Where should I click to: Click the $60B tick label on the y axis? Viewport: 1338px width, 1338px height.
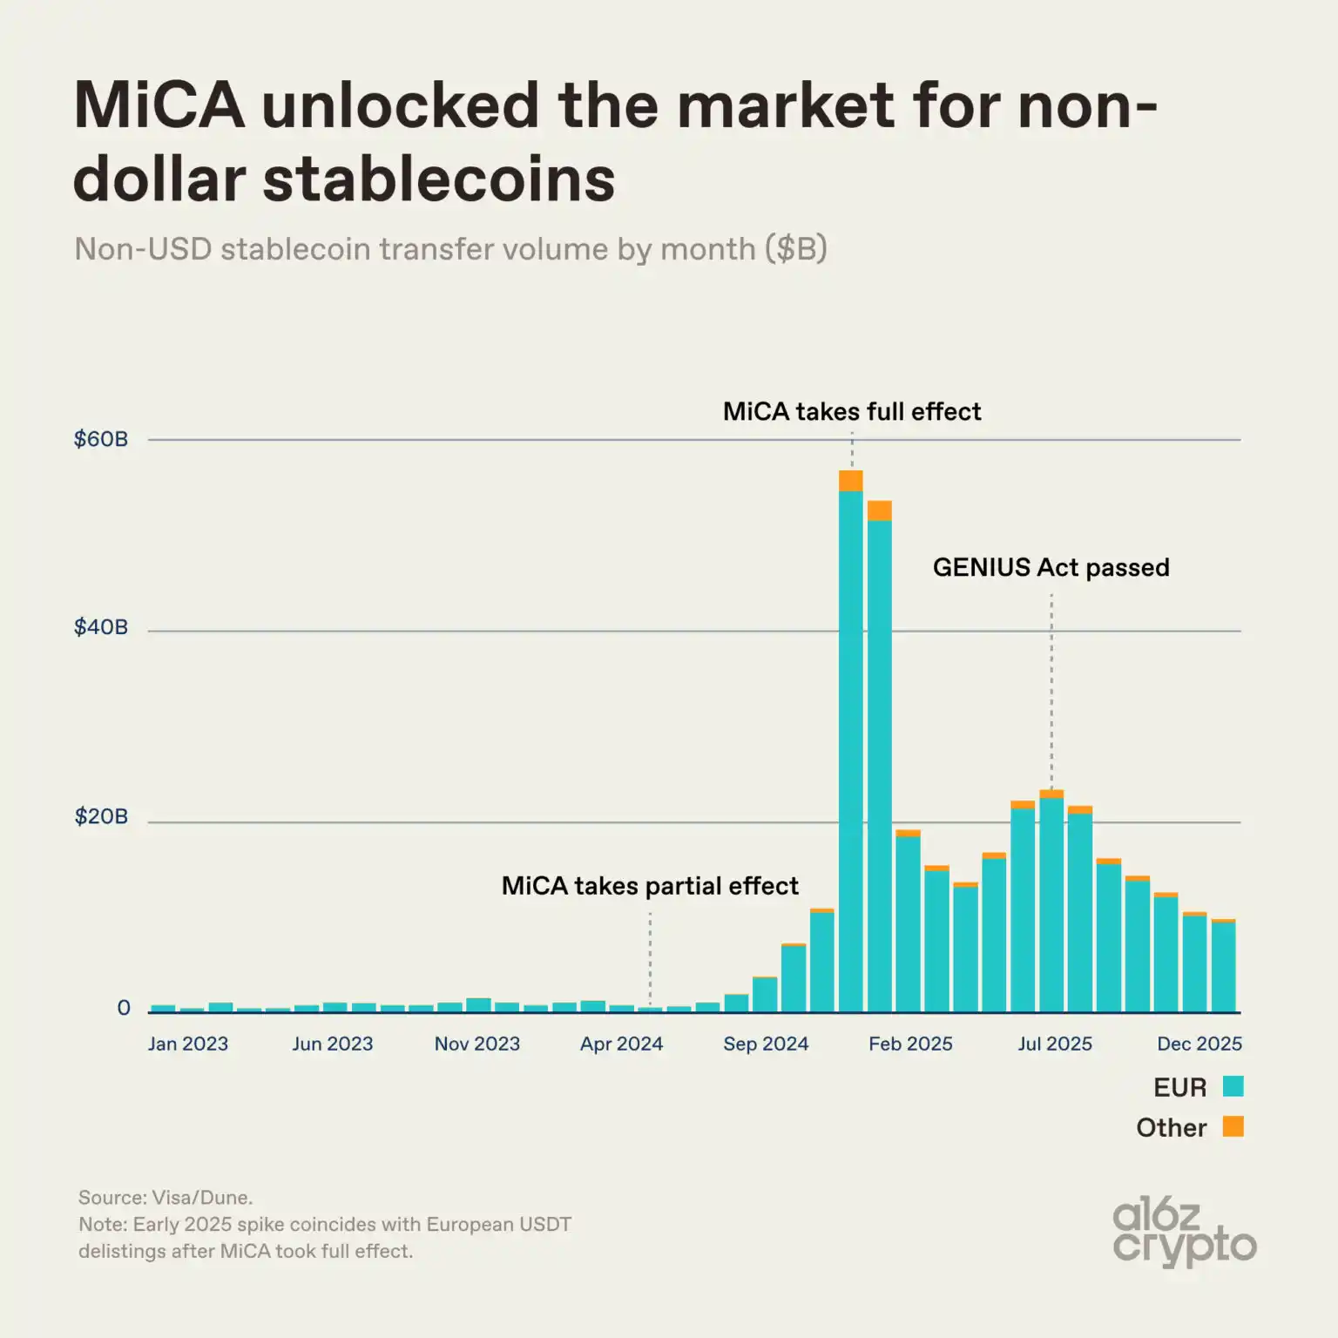(101, 439)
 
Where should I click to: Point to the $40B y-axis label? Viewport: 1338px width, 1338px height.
(101, 627)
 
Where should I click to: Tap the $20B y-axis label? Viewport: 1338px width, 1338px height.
(101, 816)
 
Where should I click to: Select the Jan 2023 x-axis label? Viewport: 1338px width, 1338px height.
(188, 1044)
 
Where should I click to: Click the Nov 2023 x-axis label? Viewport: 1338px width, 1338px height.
(477, 1044)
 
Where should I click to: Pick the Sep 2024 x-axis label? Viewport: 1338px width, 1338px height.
(766, 1044)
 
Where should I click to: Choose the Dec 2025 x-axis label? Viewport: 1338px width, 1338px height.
(1199, 1044)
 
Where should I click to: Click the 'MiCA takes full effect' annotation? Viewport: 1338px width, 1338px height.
(852, 411)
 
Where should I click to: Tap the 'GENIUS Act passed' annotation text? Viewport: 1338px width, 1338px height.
(1051, 567)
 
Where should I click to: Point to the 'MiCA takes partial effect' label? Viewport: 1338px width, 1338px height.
(650, 886)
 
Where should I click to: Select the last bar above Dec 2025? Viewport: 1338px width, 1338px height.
(1223, 967)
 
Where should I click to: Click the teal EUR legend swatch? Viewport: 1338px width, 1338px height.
(1233, 1086)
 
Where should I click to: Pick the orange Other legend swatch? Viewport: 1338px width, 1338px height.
(1233, 1126)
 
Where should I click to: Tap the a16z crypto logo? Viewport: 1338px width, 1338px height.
(1184, 1232)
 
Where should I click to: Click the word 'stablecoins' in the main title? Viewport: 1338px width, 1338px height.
(439, 179)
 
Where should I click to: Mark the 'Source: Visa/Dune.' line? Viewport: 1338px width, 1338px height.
(166, 1198)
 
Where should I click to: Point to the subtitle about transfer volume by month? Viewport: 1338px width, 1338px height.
(450, 249)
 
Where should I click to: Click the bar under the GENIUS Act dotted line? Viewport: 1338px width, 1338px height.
(1051, 906)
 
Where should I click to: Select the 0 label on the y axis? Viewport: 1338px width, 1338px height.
(124, 1008)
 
